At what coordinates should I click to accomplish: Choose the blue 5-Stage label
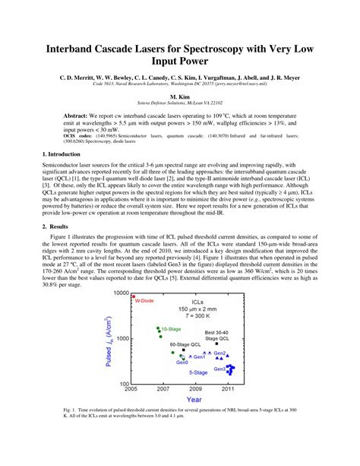[198, 373]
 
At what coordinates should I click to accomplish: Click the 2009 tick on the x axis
[196, 388]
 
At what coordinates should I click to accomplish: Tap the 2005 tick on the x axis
[132, 388]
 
